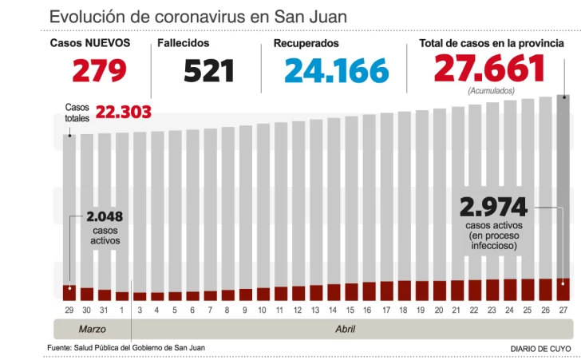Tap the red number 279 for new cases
(100, 71)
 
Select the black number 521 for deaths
(209, 71)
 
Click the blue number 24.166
(336, 71)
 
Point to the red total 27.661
(489, 69)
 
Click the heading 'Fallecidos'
(184, 43)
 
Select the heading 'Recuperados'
(306, 43)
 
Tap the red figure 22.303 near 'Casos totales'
(123, 113)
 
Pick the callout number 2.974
(493, 208)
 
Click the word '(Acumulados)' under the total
(491, 91)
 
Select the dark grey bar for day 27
(563, 184)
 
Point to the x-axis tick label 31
(105, 309)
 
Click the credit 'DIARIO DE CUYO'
(540, 349)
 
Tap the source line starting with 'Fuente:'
(132, 347)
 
